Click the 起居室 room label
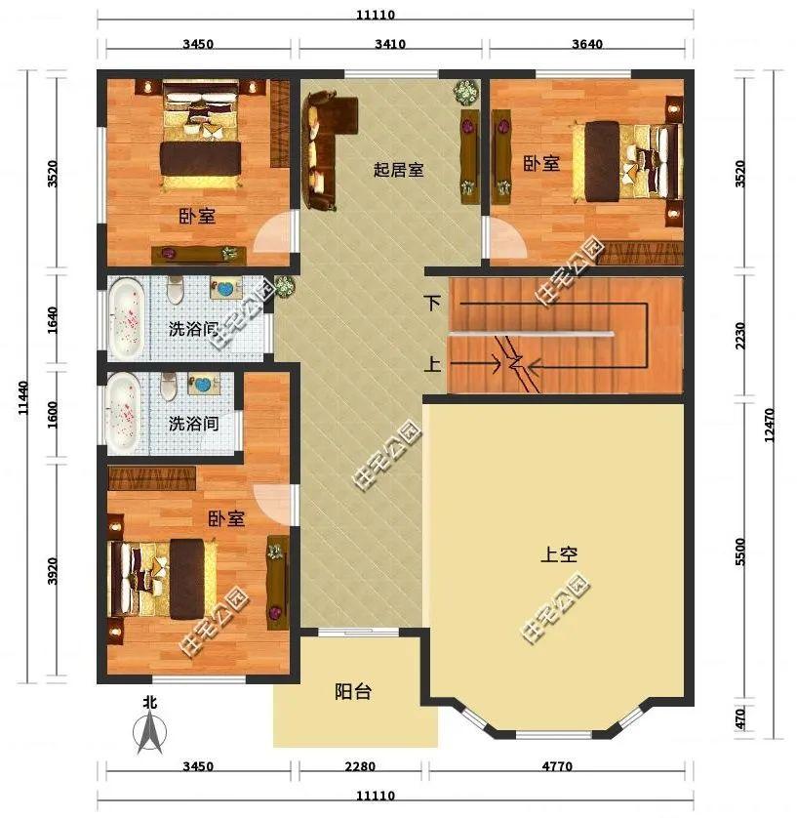(x=398, y=170)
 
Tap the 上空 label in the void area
(x=559, y=554)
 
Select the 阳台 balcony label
(x=352, y=692)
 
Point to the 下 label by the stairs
(x=433, y=304)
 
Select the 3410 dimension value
(x=388, y=44)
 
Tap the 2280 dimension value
(x=360, y=767)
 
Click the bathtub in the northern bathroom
(x=126, y=317)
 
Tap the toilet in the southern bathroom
(x=169, y=387)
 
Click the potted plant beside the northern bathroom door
(x=284, y=287)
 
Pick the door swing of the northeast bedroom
(x=502, y=238)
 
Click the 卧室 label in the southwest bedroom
(x=225, y=519)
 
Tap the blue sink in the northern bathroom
(x=226, y=290)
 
